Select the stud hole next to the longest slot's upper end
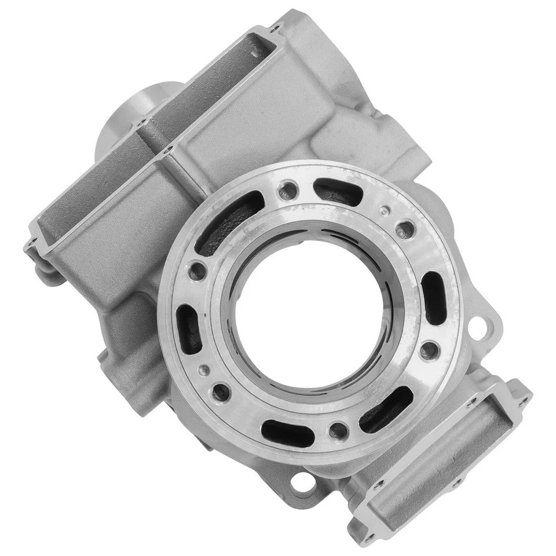(x=286, y=188)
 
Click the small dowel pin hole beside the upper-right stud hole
(x=382, y=210)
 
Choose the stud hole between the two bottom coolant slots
(x=336, y=429)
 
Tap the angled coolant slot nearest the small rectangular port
(x=386, y=410)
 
